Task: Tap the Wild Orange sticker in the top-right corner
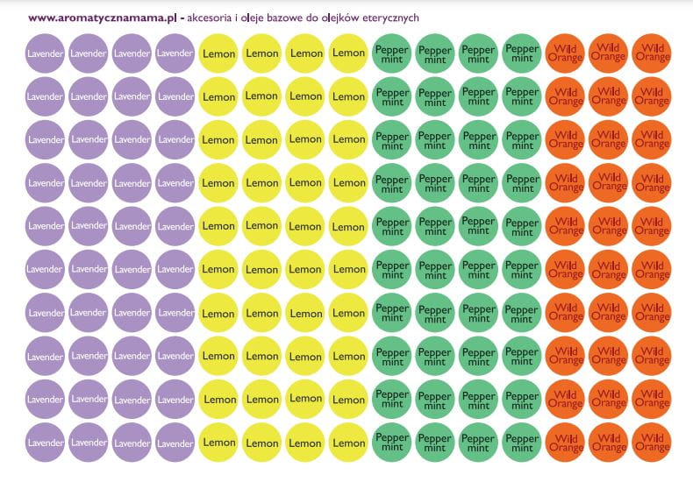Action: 652,53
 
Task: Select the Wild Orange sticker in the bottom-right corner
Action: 652,443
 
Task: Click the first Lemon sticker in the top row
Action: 218,53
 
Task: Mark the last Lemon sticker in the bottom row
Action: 348,443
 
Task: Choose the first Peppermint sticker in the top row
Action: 391,53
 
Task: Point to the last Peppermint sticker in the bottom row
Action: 522,443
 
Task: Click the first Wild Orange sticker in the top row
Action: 565,53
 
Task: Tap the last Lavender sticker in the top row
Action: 175,53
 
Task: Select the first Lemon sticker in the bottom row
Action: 218,443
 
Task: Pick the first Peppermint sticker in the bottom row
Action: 391,443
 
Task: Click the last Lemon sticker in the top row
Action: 348,53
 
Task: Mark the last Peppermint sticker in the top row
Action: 522,53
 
